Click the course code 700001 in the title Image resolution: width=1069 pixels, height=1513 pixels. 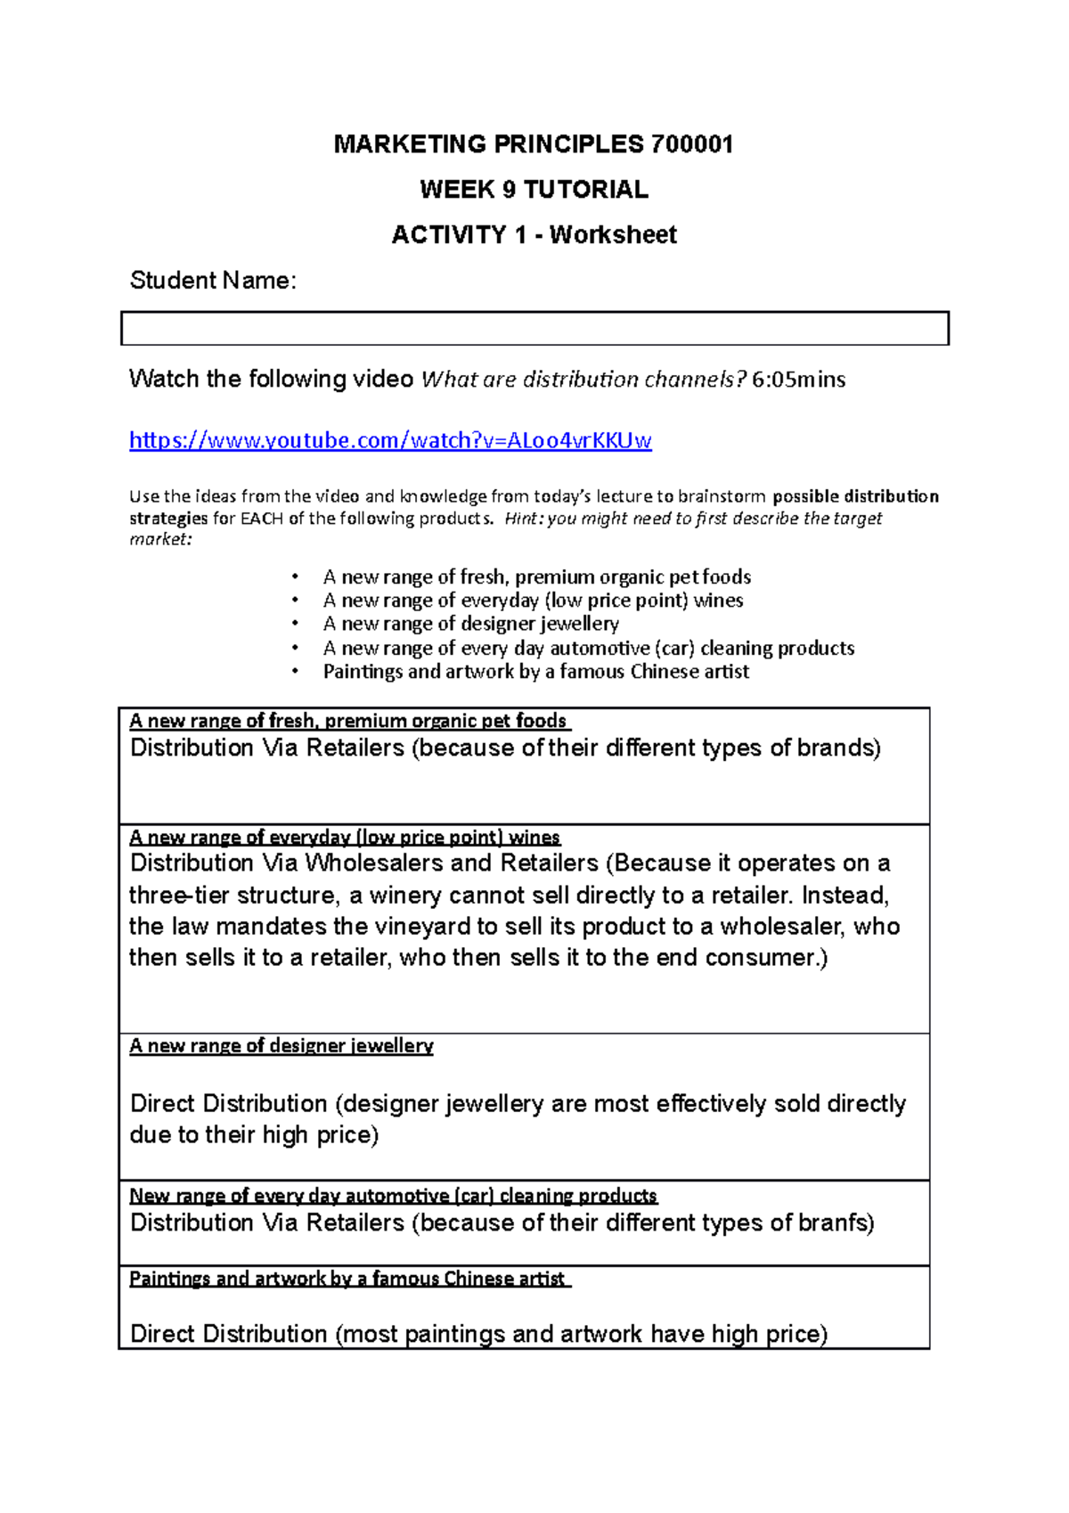[x=692, y=144]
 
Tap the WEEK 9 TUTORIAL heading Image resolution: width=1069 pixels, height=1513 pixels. [x=534, y=190]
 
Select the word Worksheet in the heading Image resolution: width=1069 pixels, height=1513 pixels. [x=613, y=235]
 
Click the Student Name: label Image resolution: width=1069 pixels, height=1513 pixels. [x=213, y=281]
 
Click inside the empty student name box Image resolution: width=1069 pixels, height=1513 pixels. [x=534, y=328]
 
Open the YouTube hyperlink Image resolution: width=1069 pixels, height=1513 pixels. [x=390, y=440]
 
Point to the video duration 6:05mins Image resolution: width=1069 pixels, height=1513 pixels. [x=798, y=380]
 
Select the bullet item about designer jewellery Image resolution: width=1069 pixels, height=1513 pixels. [x=470, y=624]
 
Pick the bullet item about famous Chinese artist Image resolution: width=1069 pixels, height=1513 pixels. [x=535, y=672]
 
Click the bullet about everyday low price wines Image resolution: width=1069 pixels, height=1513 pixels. [x=533, y=601]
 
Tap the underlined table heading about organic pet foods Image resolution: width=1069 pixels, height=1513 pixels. [x=348, y=720]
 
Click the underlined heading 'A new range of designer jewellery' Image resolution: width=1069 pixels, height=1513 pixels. [x=282, y=1045]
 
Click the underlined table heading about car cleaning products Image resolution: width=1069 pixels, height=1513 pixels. [x=393, y=1195]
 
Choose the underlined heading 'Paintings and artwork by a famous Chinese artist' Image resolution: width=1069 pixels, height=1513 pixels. [x=348, y=1279]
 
